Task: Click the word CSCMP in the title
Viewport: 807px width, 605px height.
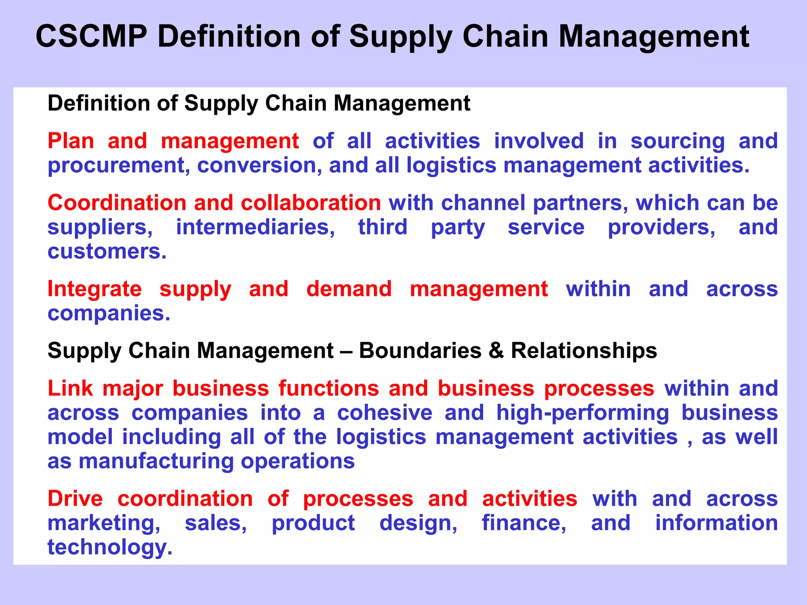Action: [x=91, y=36]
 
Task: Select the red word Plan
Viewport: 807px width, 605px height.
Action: [x=71, y=141]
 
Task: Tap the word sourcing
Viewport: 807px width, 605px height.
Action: [x=677, y=141]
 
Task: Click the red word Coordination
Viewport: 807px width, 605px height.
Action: [x=117, y=203]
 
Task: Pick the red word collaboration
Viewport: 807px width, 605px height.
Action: [x=311, y=203]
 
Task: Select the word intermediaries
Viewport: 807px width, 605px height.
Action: [x=255, y=227]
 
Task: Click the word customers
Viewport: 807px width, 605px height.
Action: [x=107, y=251]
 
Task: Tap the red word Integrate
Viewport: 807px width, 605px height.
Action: [x=95, y=289]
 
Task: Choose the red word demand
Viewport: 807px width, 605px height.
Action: [x=349, y=289]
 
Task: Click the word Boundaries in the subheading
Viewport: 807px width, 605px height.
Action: [x=420, y=350]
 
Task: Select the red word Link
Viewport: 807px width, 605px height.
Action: [x=70, y=388]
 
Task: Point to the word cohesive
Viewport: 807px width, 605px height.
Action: [x=385, y=413]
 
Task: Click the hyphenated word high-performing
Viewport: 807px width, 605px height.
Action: [x=582, y=413]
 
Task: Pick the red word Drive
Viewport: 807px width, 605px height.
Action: [x=75, y=499]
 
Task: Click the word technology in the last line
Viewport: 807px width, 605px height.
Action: [x=110, y=547]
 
